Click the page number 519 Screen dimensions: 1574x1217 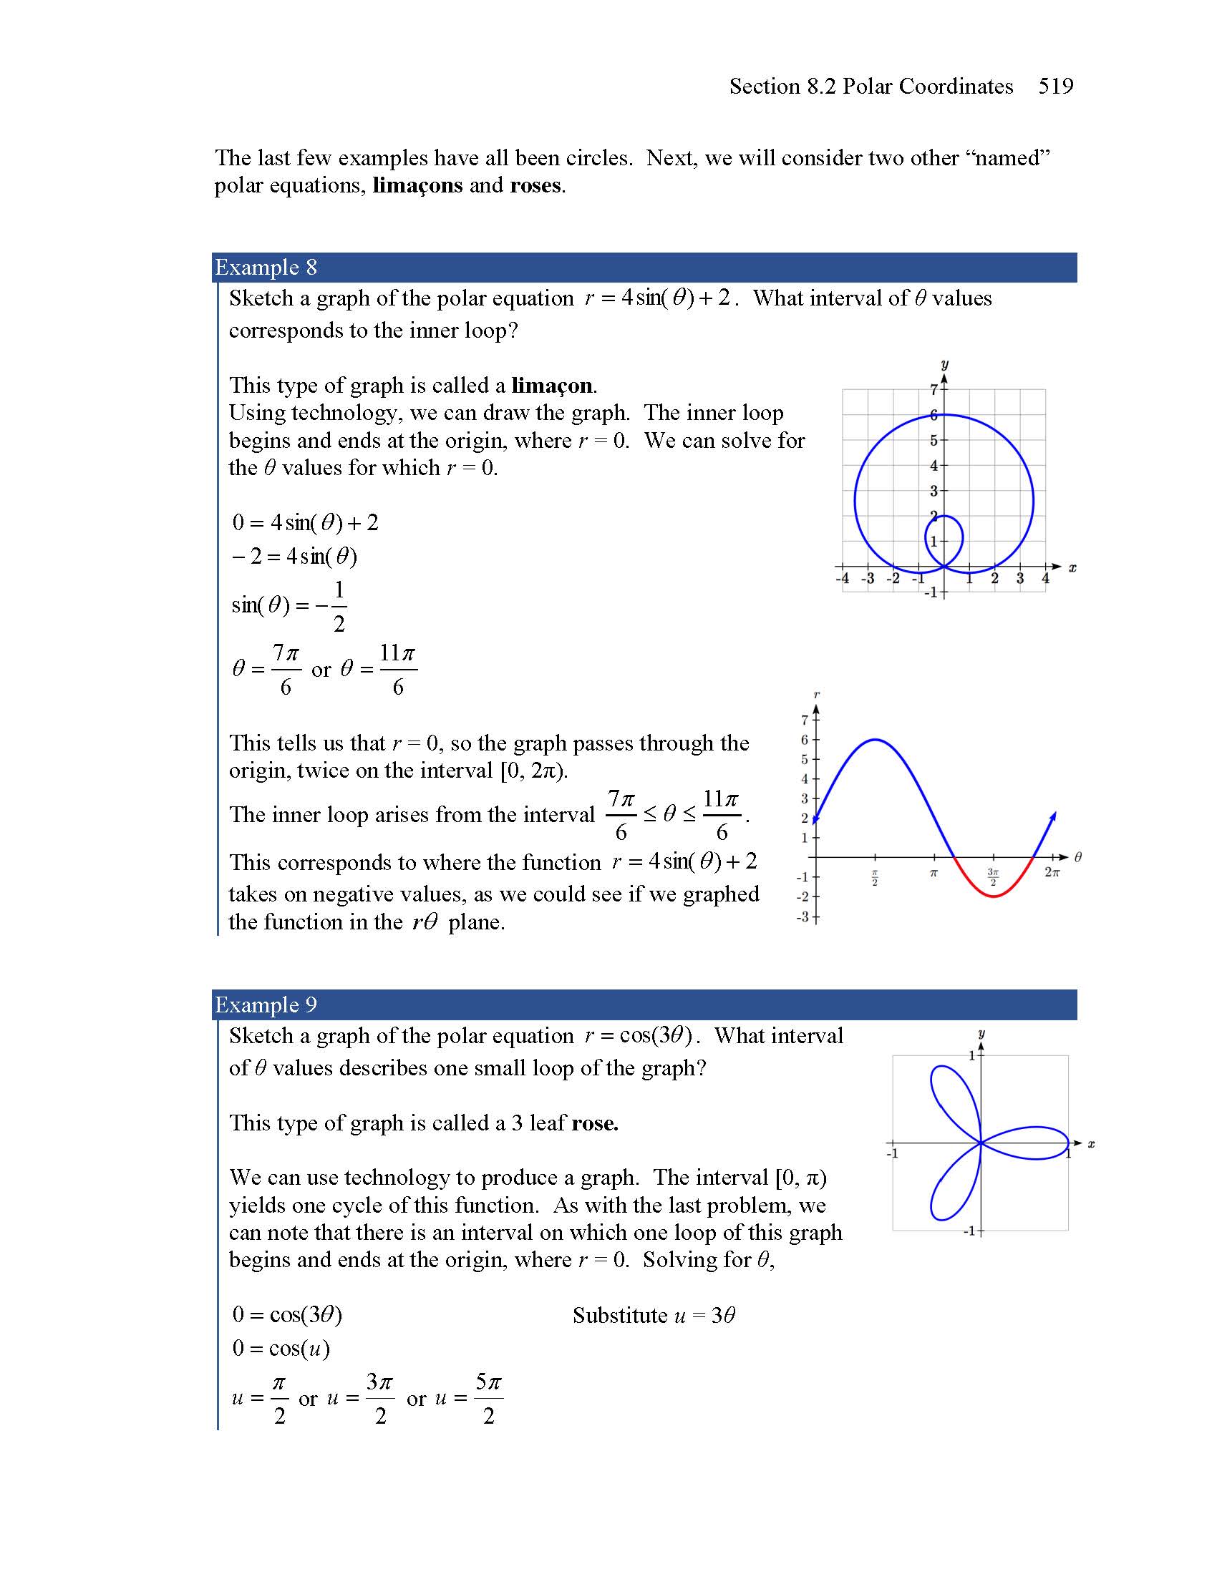pyautogui.click(x=1055, y=87)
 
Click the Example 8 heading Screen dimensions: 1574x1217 pyautogui.click(x=266, y=268)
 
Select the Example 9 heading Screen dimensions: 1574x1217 pyautogui.click(x=266, y=1004)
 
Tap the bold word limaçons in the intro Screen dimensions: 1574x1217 pyautogui.click(x=417, y=186)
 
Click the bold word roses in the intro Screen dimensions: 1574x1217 pyautogui.click(x=534, y=186)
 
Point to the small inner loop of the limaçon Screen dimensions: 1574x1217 pyautogui.click(x=944, y=537)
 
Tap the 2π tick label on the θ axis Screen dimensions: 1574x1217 pyautogui.click(x=1052, y=873)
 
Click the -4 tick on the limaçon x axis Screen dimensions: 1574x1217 pyautogui.click(x=842, y=579)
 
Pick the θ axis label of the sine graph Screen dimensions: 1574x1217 pyautogui.click(x=1078, y=857)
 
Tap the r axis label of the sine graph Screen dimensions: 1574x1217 pyautogui.click(x=816, y=695)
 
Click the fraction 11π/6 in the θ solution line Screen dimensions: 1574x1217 pyautogui.click(x=398, y=670)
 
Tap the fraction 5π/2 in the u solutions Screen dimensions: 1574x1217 pyautogui.click(x=488, y=1399)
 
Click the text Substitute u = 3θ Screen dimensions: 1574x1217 pyautogui.click(x=653, y=1316)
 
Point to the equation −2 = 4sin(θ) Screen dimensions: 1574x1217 pyautogui.click(x=294, y=557)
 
